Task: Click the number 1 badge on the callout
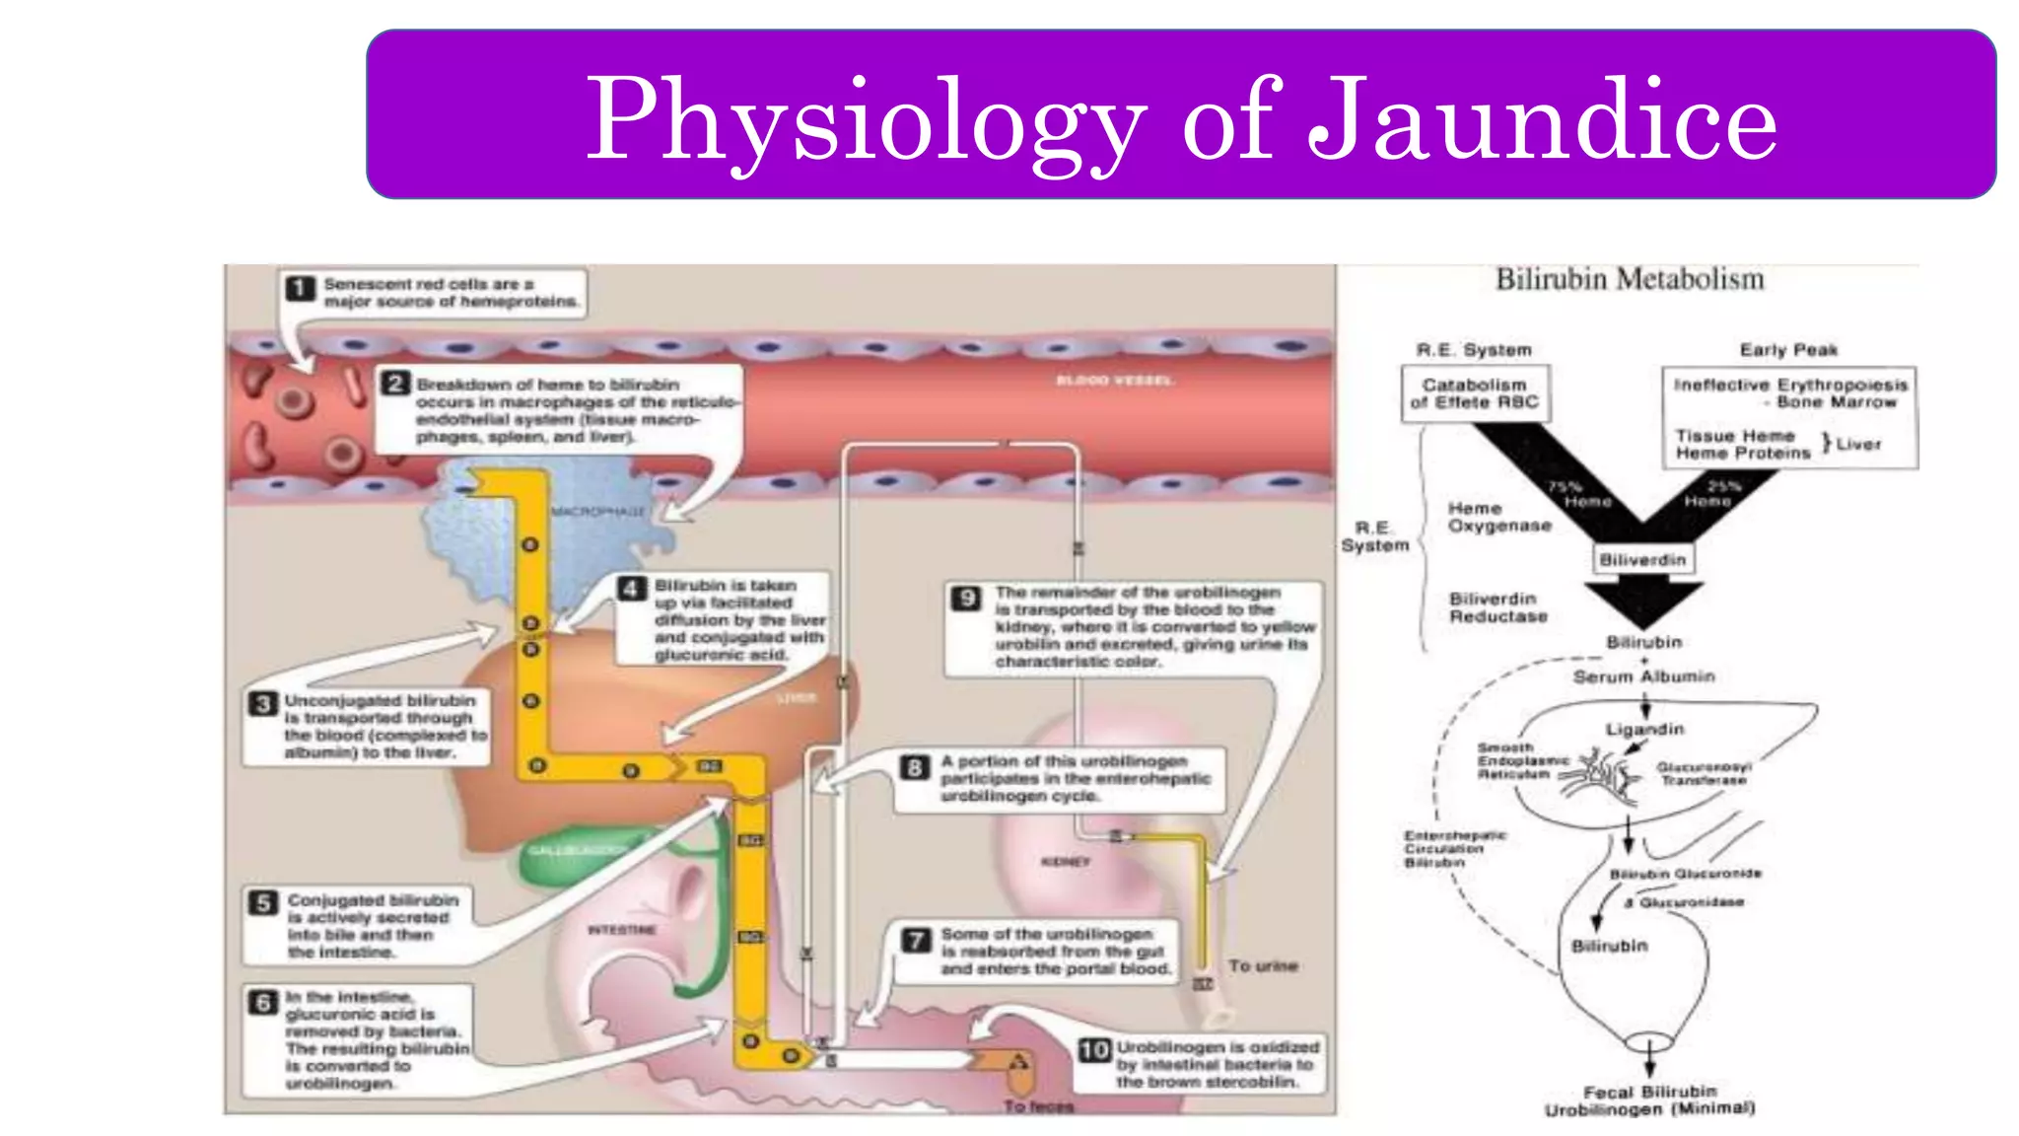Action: pos(300,288)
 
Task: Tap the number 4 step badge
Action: pos(631,590)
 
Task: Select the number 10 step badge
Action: pos(1094,1050)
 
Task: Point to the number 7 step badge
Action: pos(917,939)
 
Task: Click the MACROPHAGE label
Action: pos(598,512)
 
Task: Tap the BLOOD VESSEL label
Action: pos(1114,381)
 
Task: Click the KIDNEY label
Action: pos(1066,862)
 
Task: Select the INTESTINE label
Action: pos(621,930)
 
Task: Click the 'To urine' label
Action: pos(1263,966)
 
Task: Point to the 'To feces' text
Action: pos(1038,1106)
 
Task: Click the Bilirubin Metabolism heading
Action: pos(1630,280)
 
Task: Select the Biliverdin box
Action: pos(1642,560)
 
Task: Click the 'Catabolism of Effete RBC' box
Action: pos(1475,393)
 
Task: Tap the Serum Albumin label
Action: pos(1643,676)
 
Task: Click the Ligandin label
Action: pos(1644,730)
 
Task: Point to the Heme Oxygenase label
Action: pos(1499,518)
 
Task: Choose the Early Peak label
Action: pos(1788,350)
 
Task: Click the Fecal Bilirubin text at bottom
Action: pos(1649,1092)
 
